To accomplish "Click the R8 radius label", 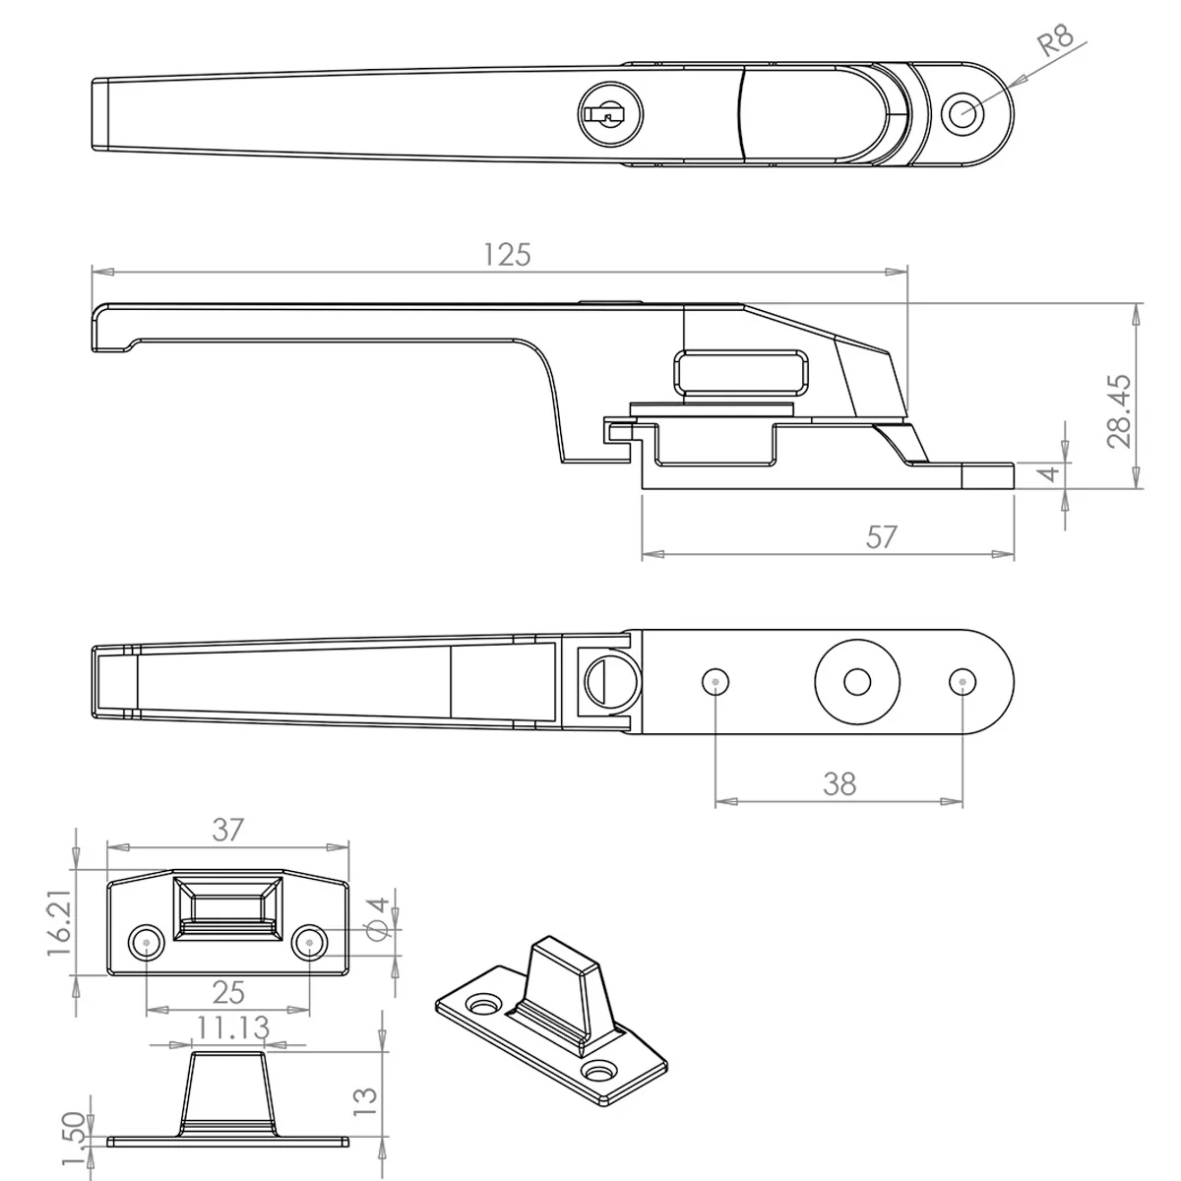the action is pyautogui.click(x=1055, y=39).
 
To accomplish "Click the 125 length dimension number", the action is pyautogui.click(x=507, y=255).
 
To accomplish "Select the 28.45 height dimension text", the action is pyautogui.click(x=1119, y=411).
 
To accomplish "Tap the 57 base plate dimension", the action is pyautogui.click(x=882, y=537).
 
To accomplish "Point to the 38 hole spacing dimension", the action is pyautogui.click(x=839, y=783).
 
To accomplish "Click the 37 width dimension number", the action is pyautogui.click(x=228, y=830).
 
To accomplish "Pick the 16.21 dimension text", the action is pyautogui.click(x=60, y=922).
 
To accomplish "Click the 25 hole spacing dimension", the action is pyautogui.click(x=228, y=992).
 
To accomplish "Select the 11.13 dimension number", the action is pyautogui.click(x=232, y=1027).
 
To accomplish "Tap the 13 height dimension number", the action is pyautogui.click(x=366, y=1101).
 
